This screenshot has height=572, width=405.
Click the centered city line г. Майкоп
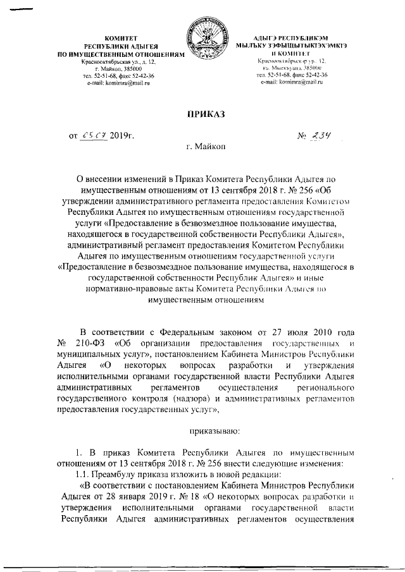[x=202, y=147]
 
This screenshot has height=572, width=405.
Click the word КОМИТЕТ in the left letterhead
[x=120, y=39]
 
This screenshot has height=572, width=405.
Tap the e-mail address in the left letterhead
[x=120, y=83]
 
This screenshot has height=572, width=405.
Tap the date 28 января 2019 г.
[x=140, y=497]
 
